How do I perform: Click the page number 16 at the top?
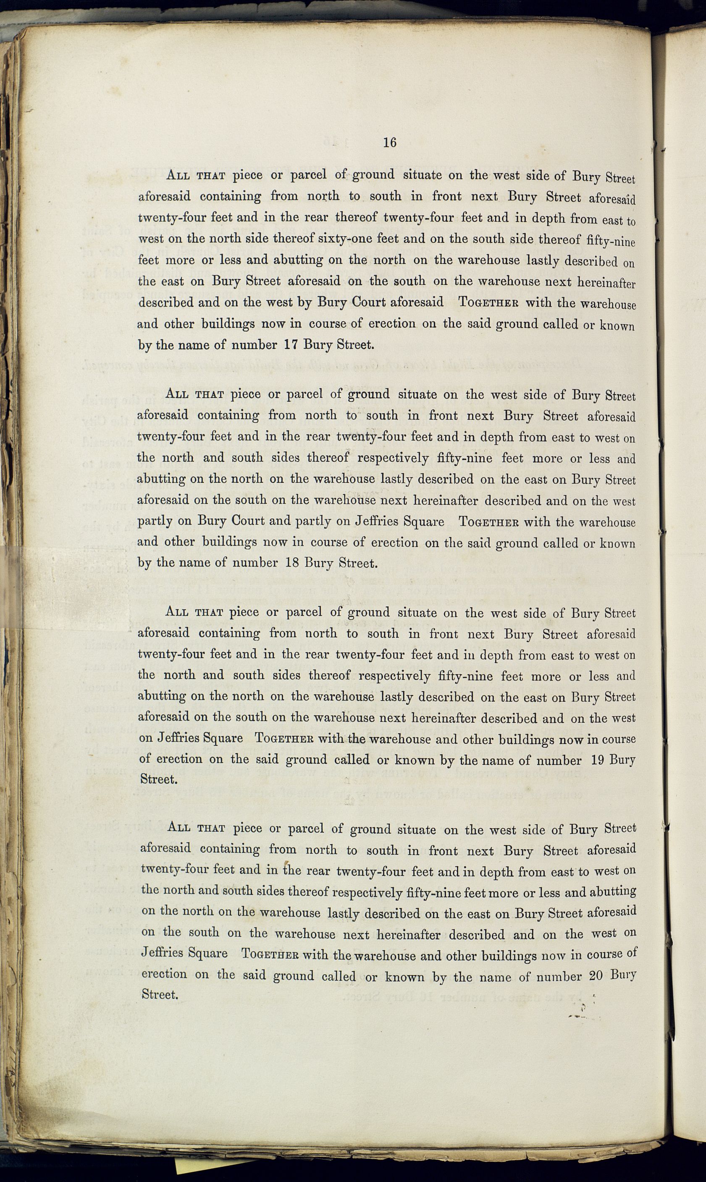(x=389, y=142)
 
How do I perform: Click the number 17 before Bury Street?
(x=291, y=345)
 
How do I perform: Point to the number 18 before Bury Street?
(x=291, y=563)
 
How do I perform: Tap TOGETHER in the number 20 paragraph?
(x=270, y=955)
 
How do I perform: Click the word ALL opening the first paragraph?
(x=179, y=175)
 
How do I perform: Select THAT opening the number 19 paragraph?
(x=209, y=612)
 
